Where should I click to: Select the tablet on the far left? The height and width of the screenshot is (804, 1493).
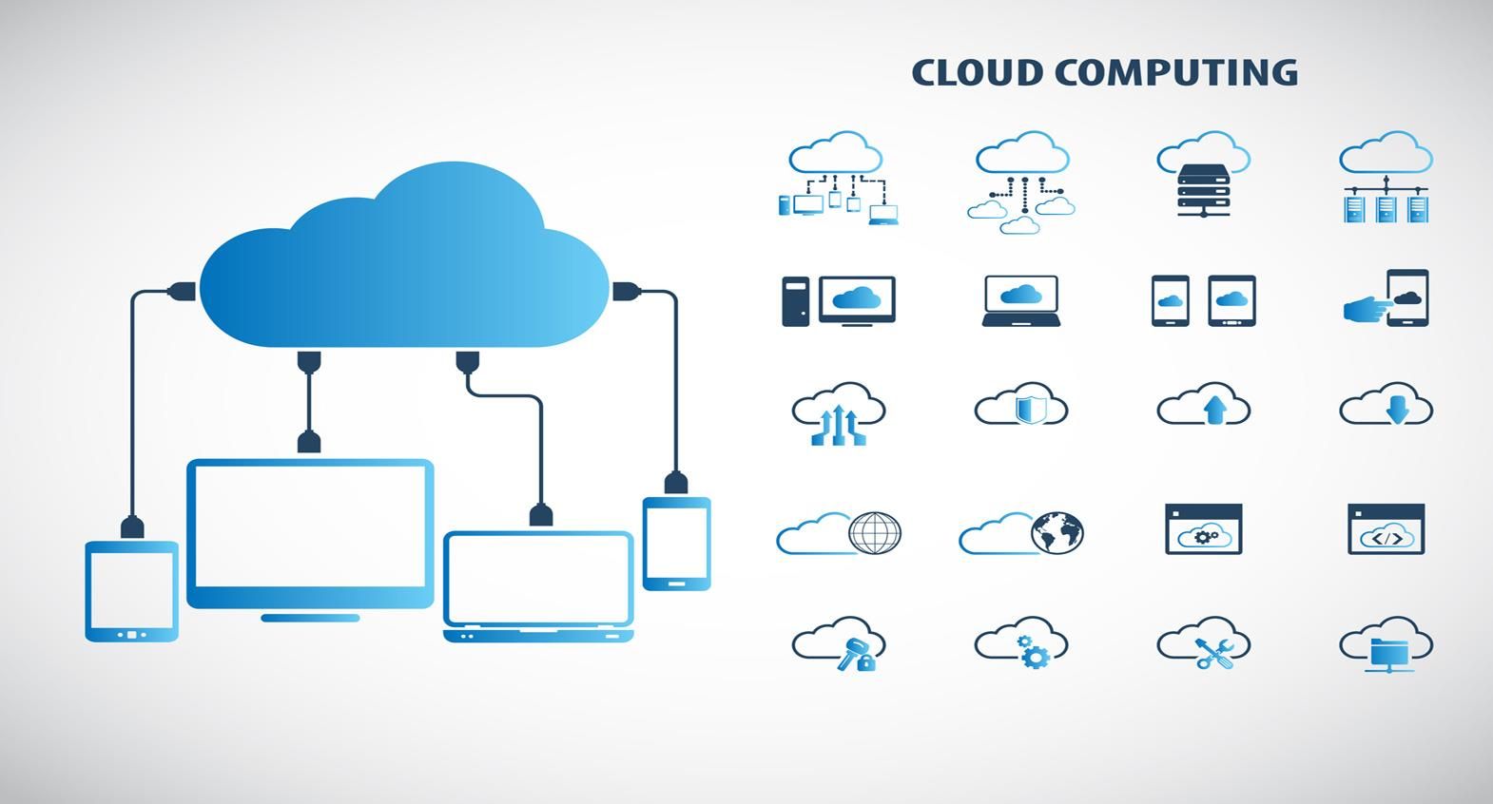click(131, 589)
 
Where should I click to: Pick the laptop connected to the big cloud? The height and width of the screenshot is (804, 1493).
click(538, 584)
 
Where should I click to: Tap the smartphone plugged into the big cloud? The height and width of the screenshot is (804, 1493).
click(676, 543)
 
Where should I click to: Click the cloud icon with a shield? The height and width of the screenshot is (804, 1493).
click(1022, 408)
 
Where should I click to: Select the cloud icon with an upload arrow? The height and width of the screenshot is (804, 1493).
click(1205, 407)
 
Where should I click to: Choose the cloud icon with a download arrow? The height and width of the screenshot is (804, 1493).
click(1387, 407)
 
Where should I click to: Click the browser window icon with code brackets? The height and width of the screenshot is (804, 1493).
click(1386, 529)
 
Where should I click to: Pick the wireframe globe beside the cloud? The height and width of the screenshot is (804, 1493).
click(875, 532)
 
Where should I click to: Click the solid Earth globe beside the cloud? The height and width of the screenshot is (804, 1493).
click(1057, 532)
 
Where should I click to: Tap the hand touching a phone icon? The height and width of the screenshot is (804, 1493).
click(1387, 299)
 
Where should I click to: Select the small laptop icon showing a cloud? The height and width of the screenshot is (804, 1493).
click(1021, 300)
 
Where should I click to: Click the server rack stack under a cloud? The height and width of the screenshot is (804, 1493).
click(1204, 189)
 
